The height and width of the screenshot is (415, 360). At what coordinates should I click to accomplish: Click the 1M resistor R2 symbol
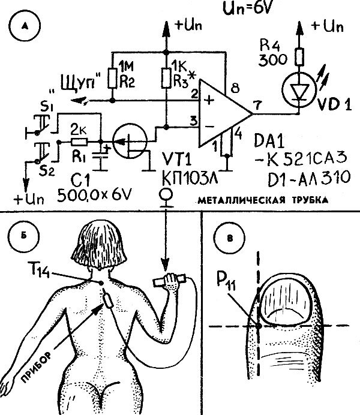coord(112,77)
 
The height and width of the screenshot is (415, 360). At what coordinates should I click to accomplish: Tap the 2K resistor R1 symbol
coord(79,142)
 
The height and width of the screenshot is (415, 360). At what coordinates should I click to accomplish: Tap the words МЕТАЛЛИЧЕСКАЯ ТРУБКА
coord(262,201)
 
